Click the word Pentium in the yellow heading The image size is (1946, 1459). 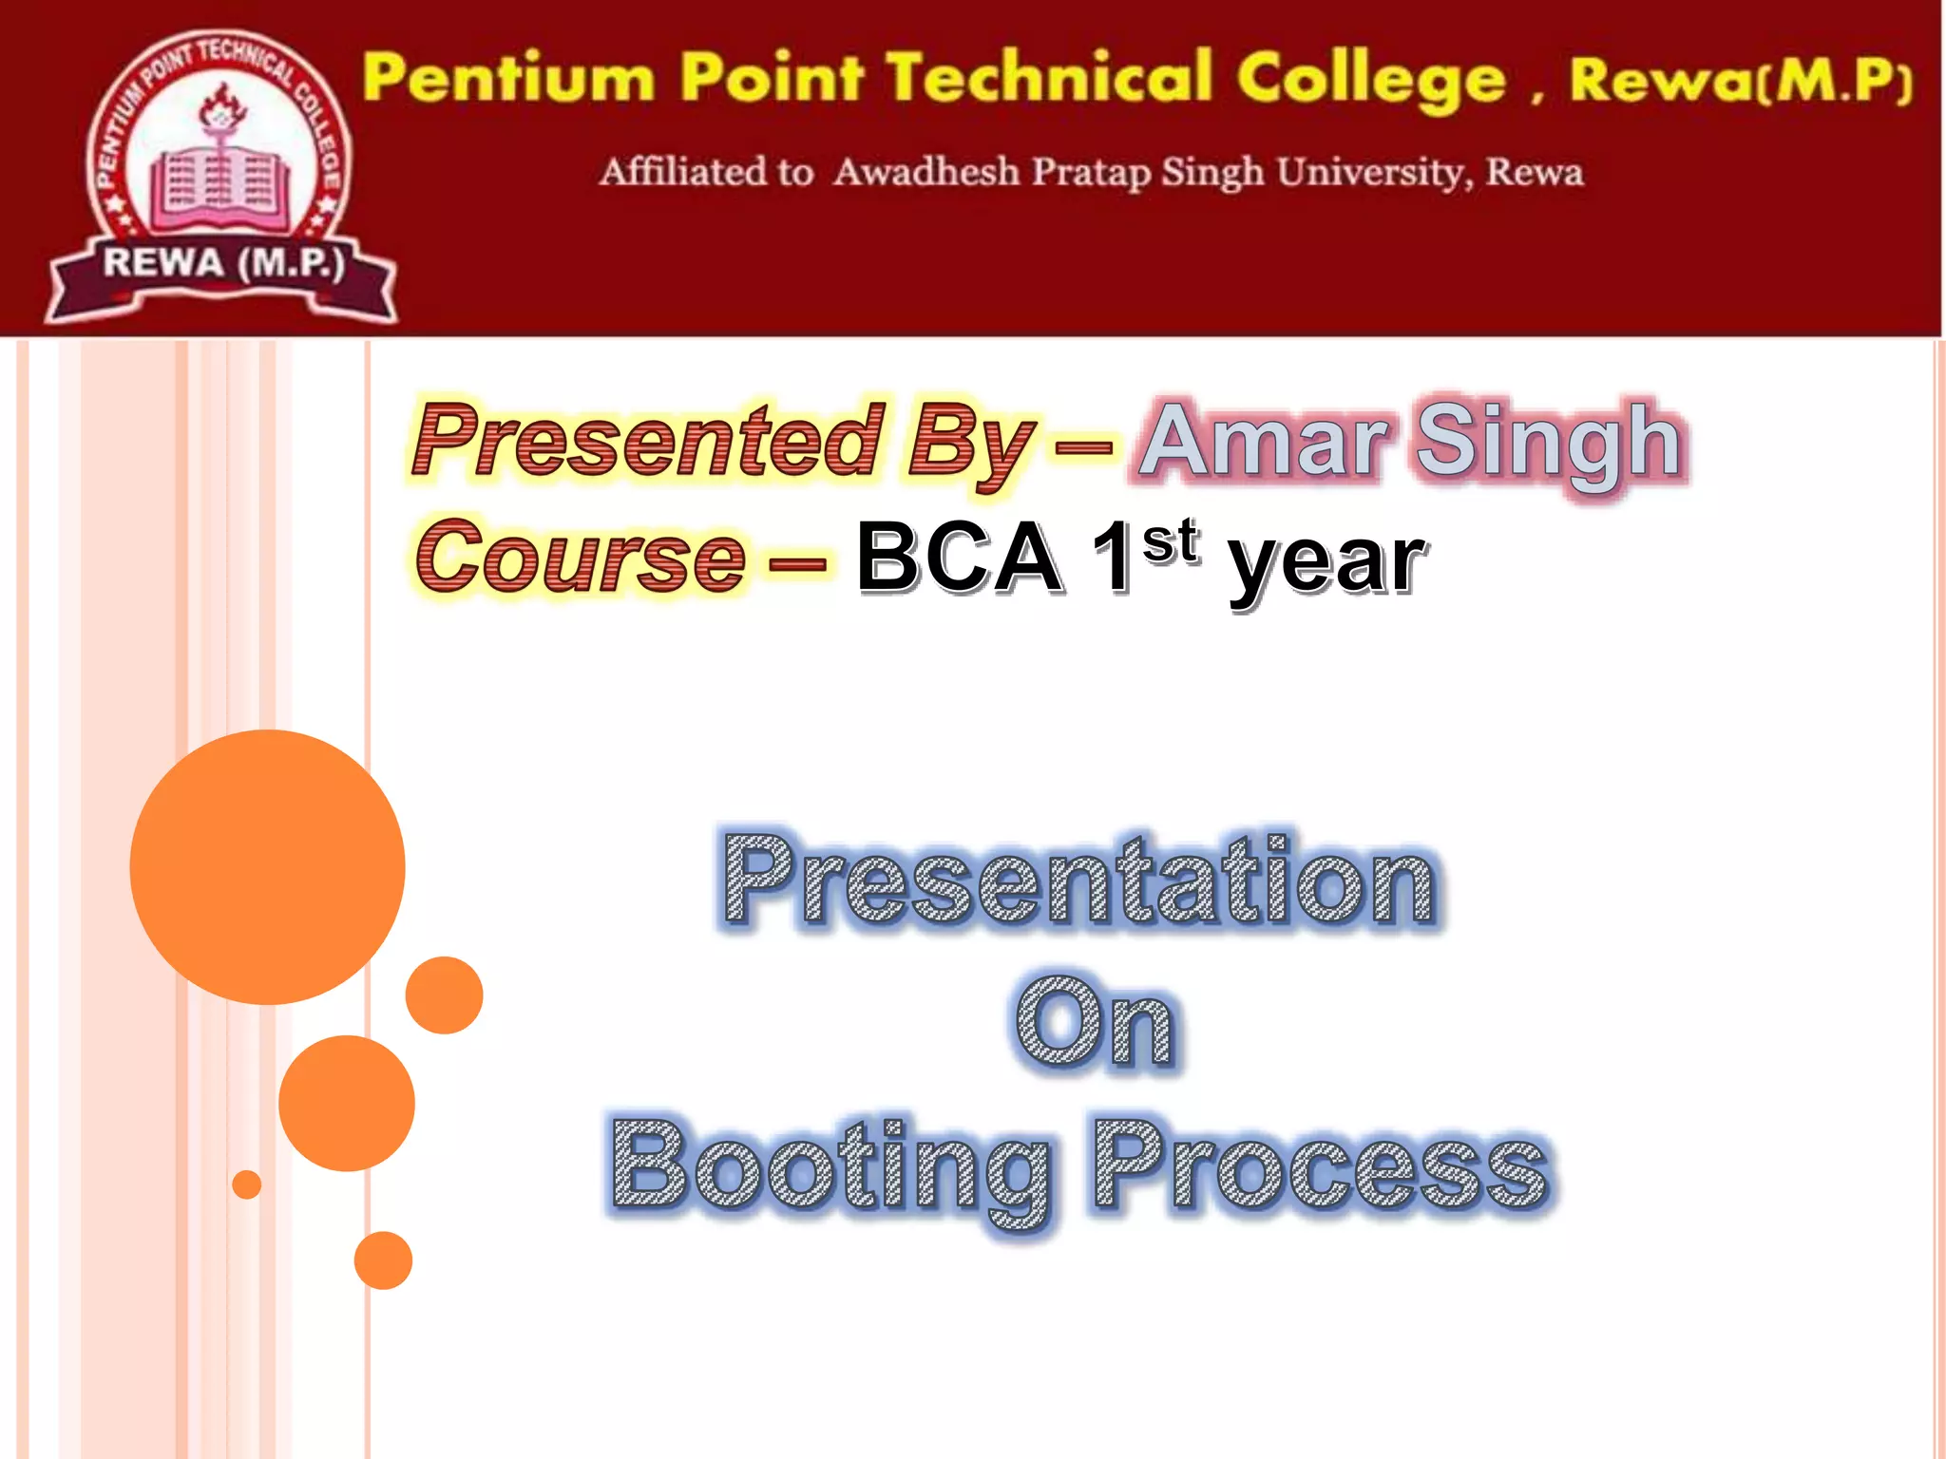508,78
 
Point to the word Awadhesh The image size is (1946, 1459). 926,172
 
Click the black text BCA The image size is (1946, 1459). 960,558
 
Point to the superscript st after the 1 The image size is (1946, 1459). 1171,541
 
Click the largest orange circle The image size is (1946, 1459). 267,866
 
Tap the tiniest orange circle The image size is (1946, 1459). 247,1184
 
